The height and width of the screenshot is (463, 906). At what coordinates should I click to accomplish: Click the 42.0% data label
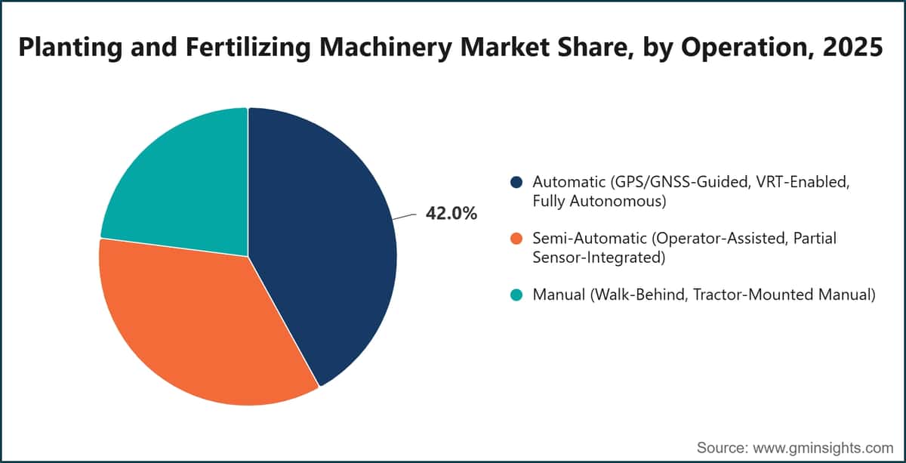click(x=451, y=213)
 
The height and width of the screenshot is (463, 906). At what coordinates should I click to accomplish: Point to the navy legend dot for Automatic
click(x=516, y=182)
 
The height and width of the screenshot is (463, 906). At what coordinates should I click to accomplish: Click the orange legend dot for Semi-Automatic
click(x=516, y=239)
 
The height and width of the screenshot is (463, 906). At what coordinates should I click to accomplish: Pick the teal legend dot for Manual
click(x=516, y=295)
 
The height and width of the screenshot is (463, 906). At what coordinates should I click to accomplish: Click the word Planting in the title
click(x=70, y=48)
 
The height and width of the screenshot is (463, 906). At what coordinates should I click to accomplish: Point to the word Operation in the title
click(x=747, y=48)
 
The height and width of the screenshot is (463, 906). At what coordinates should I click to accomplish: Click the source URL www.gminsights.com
click(x=823, y=448)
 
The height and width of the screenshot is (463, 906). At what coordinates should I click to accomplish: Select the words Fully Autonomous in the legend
click(x=599, y=201)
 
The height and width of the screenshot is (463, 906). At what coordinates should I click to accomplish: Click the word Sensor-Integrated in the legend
click(x=599, y=258)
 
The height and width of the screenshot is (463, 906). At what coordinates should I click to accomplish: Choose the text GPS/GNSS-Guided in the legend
click(x=680, y=182)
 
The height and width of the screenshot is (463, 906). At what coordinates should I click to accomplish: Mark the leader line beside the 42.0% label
click(x=404, y=217)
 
